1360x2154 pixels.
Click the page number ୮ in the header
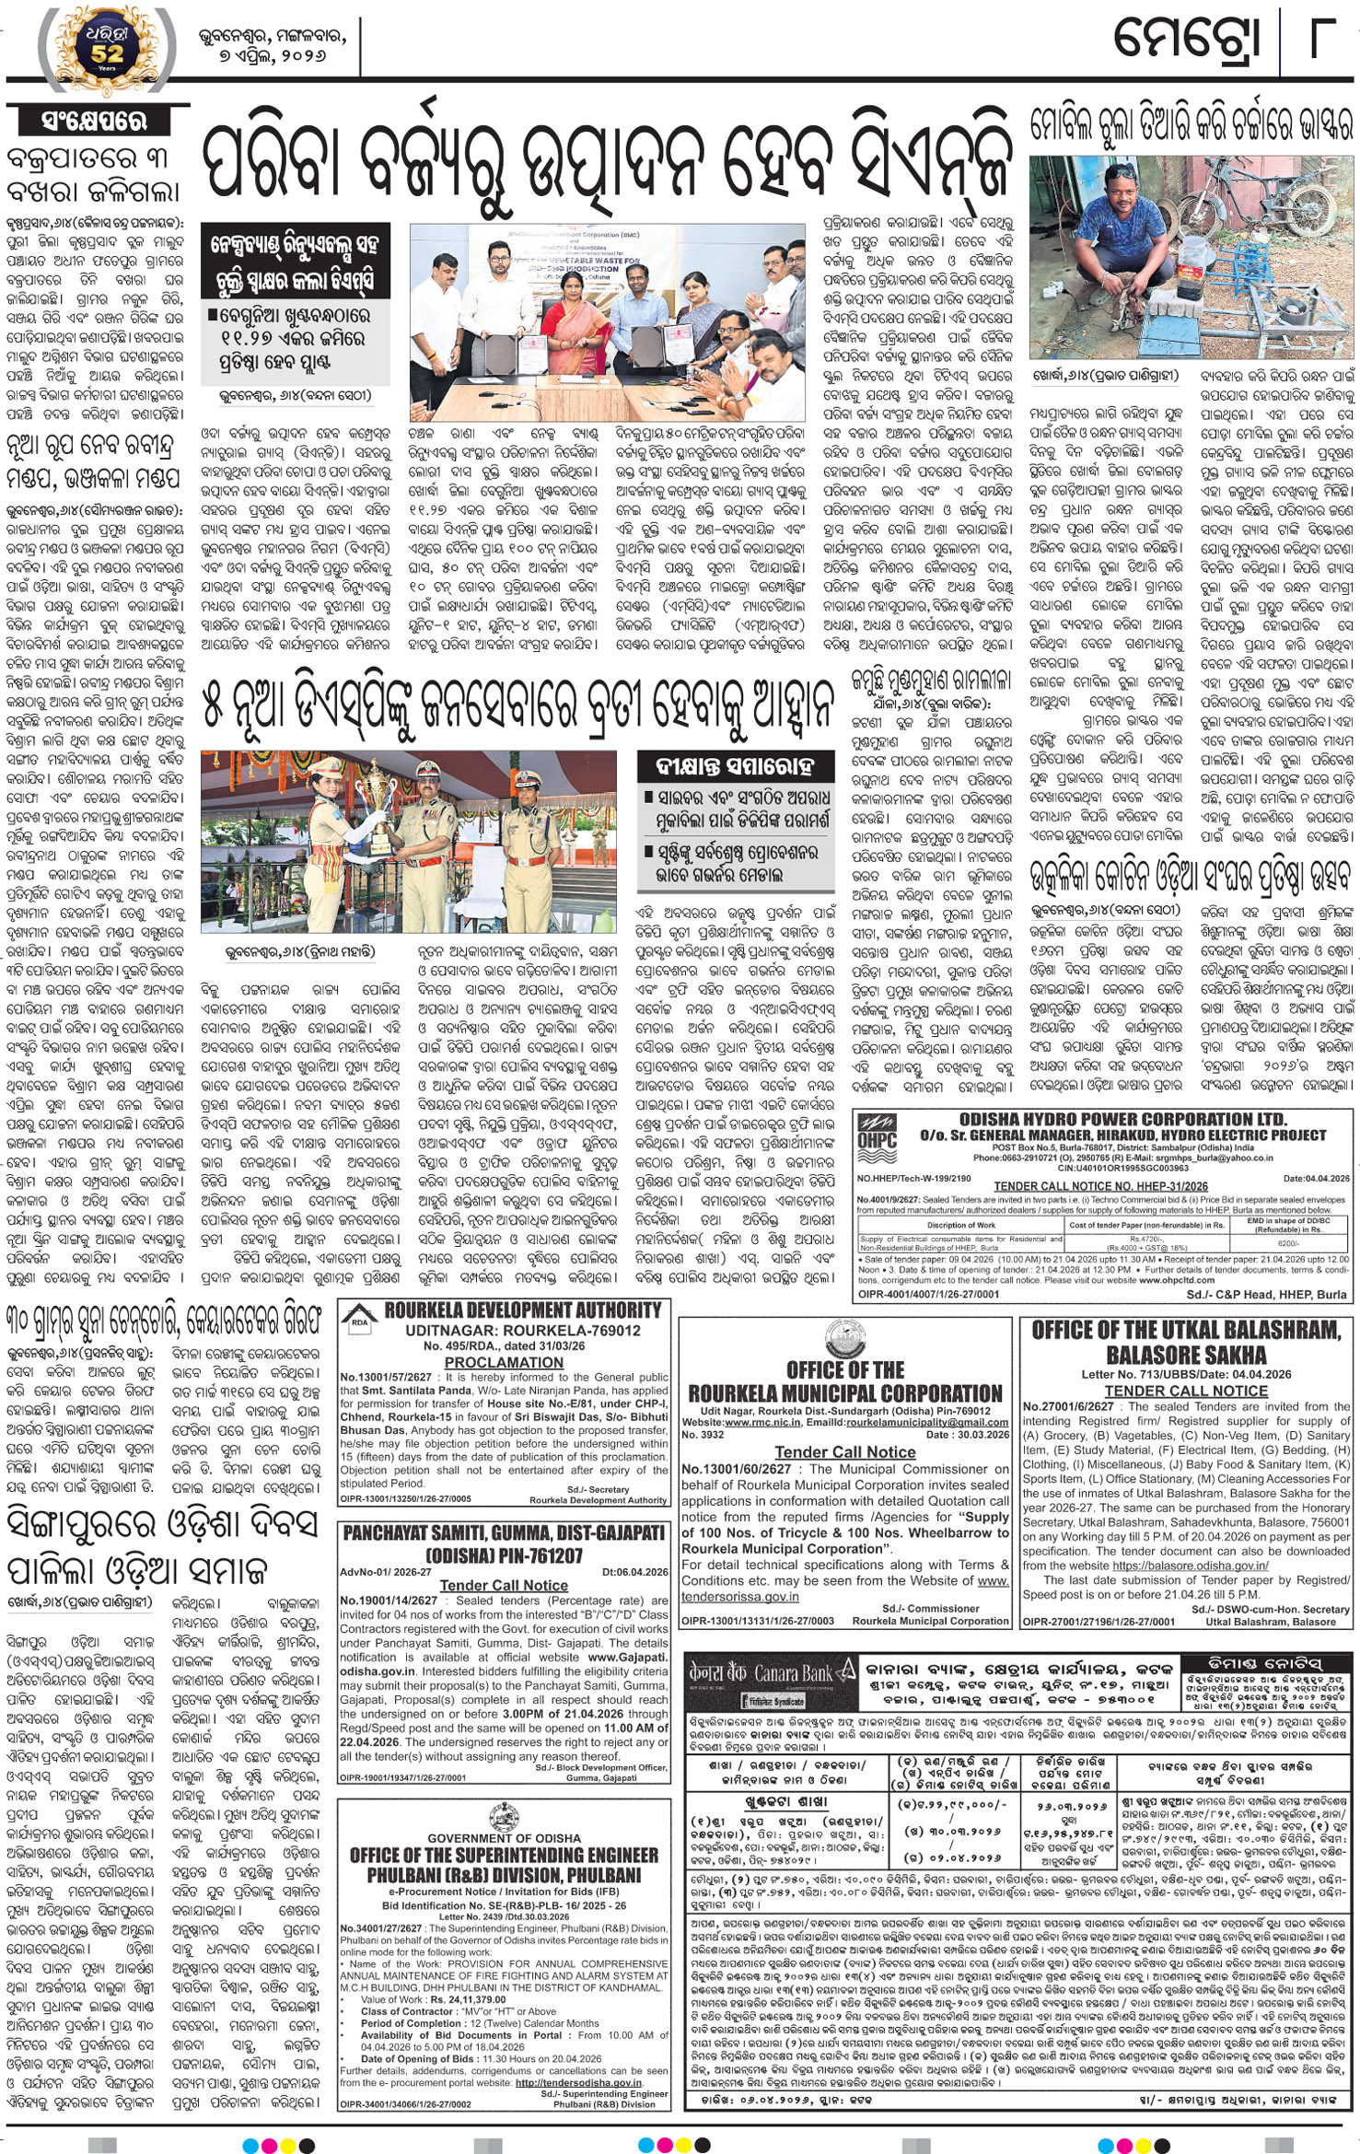(1322, 39)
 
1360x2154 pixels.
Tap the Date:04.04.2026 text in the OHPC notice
(1315, 1178)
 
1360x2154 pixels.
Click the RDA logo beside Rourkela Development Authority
(358, 1319)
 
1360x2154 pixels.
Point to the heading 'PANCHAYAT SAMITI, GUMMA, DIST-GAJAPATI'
(504, 1533)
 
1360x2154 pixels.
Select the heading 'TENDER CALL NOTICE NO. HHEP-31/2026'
(1100, 1186)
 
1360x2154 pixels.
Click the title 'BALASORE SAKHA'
(1186, 1355)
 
